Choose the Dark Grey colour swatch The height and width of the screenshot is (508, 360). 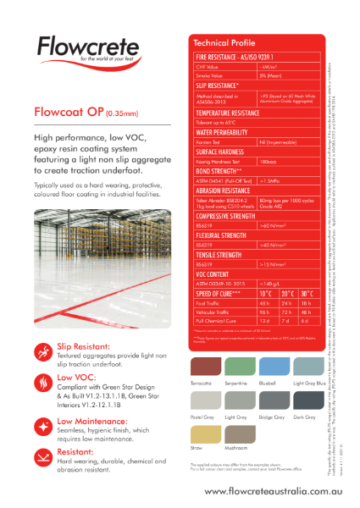[x=304, y=400]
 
